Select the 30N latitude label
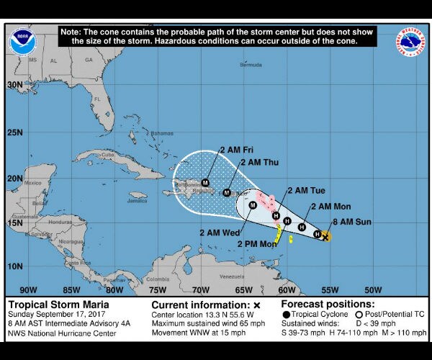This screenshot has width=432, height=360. tap(15, 84)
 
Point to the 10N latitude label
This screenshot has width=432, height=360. tap(15, 266)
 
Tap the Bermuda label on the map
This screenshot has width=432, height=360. tap(251, 65)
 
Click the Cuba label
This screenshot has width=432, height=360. tap(109, 153)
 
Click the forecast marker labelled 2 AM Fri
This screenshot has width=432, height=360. tap(205, 182)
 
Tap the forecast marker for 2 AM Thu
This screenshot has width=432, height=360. tap(228, 192)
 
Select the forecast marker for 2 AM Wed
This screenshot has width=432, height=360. tap(253, 205)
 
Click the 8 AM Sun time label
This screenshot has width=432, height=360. tap(353, 222)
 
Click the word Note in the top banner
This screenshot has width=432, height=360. tap(73, 32)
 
